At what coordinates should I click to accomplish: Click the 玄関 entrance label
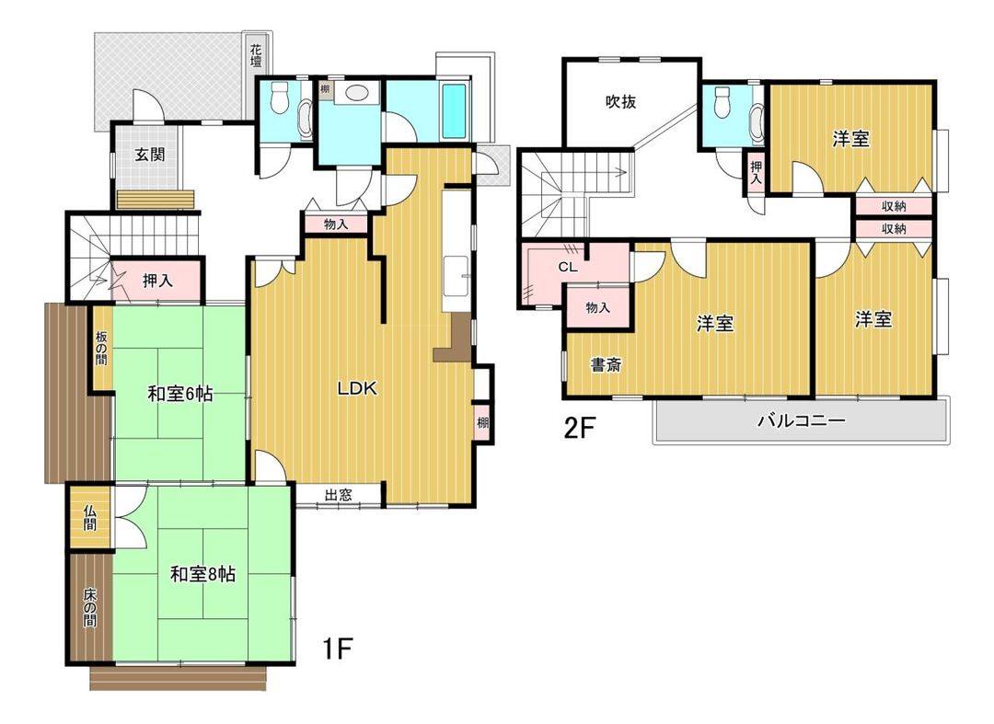(150, 154)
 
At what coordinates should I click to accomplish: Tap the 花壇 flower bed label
(256, 55)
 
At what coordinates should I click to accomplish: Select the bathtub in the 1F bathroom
(455, 110)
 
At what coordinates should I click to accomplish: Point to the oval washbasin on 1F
(357, 94)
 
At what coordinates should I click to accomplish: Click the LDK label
(357, 388)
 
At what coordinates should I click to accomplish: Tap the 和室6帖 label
(180, 394)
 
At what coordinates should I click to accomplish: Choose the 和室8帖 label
(202, 574)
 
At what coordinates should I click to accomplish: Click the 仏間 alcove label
(90, 516)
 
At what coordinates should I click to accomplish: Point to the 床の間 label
(90, 607)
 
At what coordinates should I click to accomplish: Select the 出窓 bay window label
(339, 495)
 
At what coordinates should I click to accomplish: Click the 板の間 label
(101, 348)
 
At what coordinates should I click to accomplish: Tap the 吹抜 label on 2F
(620, 101)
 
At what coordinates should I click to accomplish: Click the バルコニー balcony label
(802, 420)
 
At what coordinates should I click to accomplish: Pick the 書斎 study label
(606, 365)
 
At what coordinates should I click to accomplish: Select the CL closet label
(567, 268)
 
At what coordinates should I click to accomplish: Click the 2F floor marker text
(580, 429)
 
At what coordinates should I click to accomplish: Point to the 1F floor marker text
(337, 649)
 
